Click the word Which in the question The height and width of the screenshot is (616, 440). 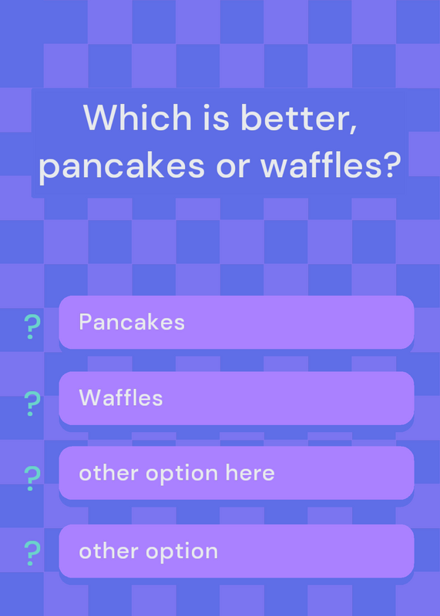pos(137,117)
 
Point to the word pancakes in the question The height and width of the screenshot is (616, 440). pos(122,166)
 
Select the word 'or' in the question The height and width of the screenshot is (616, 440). pos(233,168)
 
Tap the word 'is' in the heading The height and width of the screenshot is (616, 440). pos(217,117)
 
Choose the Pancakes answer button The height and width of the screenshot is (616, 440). pos(237,322)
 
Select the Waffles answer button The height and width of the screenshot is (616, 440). pos(237,398)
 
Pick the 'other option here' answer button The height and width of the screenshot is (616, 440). pos(237,473)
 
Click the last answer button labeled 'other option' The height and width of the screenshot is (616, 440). pos(237,551)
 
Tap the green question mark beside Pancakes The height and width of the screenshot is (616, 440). pos(32,326)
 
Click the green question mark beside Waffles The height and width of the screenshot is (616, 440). pos(32,403)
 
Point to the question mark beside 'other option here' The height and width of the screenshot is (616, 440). pos(32,478)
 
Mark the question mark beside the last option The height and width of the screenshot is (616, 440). pos(32,553)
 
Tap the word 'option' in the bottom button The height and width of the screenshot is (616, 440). pos(182,553)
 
